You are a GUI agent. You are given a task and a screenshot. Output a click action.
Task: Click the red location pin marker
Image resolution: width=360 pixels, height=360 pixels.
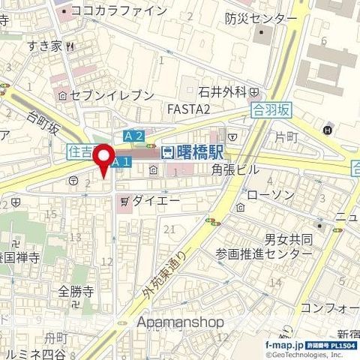click(103, 154)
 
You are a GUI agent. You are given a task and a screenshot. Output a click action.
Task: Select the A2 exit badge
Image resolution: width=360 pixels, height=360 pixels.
click(133, 135)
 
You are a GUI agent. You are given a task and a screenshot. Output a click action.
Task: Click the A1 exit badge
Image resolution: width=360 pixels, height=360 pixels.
click(123, 161)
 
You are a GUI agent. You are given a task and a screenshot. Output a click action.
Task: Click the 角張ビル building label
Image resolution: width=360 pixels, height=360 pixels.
click(235, 170)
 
